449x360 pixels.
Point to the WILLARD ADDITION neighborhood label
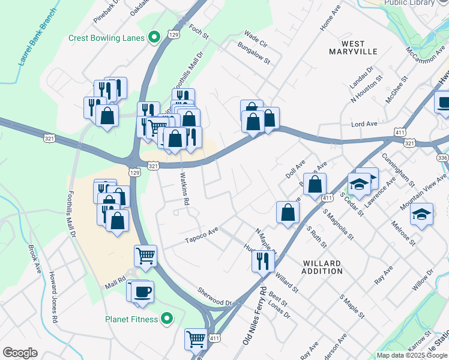click(322, 267)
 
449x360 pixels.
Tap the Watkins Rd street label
click(185, 190)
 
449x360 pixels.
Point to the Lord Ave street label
click(364, 124)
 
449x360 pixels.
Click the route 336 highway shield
click(443, 157)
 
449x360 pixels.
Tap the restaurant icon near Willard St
click(263, 260)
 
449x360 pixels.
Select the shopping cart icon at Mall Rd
click(146, 256)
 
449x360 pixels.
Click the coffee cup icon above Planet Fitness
click(142, 292)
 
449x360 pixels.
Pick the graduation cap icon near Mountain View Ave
click(422, 214)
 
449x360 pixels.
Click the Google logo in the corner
click(20, 353)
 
